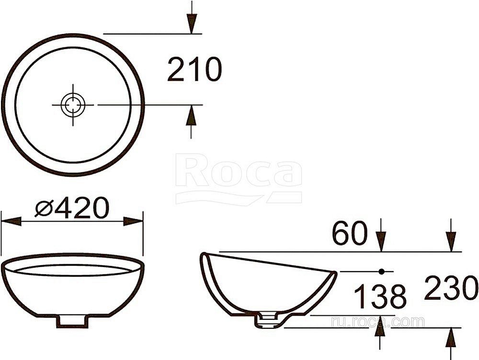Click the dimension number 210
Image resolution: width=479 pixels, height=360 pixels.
click(194, 70)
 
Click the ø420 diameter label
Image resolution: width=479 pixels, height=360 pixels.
click(72, 209)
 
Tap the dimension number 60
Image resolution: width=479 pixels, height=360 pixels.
click(349, 235)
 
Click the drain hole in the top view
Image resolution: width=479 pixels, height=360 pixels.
click(73, 104)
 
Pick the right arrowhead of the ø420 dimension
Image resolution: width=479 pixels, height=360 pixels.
click(134, 221)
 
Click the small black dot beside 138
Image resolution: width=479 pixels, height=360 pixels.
click(382, 271)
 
